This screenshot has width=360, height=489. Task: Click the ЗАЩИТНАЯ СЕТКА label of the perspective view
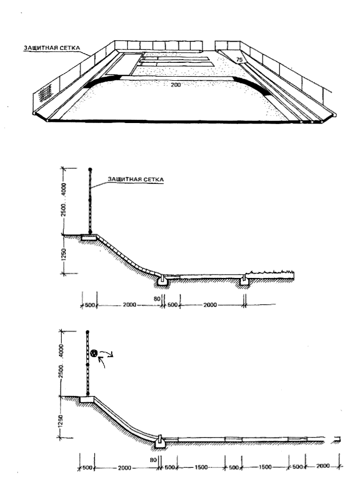52,48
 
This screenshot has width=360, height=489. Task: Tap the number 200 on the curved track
175,85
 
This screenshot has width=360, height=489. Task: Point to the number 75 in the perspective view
239,59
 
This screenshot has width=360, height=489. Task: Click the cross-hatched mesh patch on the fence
45,93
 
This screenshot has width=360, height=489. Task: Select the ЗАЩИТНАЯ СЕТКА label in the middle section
136,179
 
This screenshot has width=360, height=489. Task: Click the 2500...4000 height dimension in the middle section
64,200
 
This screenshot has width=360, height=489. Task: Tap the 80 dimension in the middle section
157,299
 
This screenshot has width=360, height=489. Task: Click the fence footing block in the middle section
89,237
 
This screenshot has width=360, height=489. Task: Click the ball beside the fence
94,353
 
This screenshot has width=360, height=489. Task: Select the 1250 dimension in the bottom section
61,421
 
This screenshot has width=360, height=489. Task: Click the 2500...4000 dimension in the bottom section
61,361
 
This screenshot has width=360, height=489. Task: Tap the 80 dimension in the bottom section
153,460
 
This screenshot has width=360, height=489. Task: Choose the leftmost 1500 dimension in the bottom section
201,467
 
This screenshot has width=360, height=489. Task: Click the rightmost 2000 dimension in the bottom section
323,466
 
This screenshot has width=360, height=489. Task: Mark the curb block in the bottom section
159,442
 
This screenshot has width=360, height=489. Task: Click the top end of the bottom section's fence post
87,331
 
